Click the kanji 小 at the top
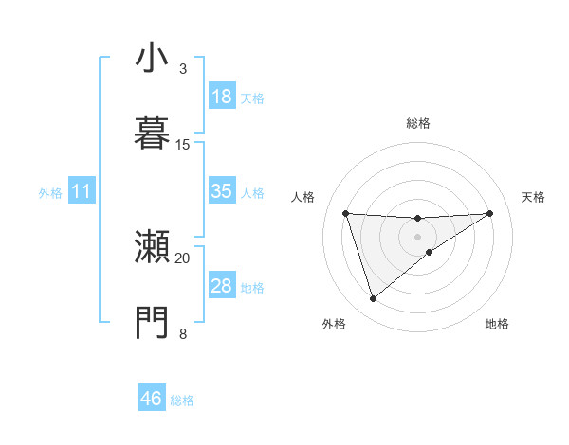152,59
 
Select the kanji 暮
152,133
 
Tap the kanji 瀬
152,248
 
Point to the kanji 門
152,322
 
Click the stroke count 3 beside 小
182,69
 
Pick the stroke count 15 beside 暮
183,144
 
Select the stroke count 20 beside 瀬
183,258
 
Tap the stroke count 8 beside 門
182,332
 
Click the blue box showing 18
221,97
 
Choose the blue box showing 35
221,191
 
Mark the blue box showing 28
221,286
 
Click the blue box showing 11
81,191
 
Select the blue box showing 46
151,399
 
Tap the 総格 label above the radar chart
418,123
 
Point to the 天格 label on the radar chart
533,197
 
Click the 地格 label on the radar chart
497,324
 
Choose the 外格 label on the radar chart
335,324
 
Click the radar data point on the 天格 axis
490,213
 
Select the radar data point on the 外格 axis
373,299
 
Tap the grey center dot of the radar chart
418,236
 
